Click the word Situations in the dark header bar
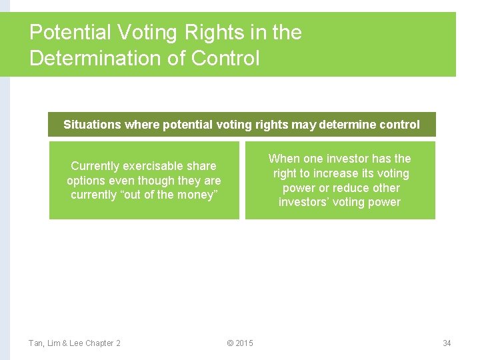pyautogui.click(x=92, y=125)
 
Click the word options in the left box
pyautogui.click(x=86, y=181)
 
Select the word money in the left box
pyautogui.click(x=195, y=195)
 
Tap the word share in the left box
pyautogui.click(x=202, y=166)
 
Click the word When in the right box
pyautogui.click(x=284, y=159)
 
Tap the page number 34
pyautogui.click(x=447, y=343)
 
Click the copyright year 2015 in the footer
pyautogui.click(x=244, y=343)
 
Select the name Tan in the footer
pyautogui.click(x=36, y=343)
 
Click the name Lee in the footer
pyautogui.click(x=73, y=343)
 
